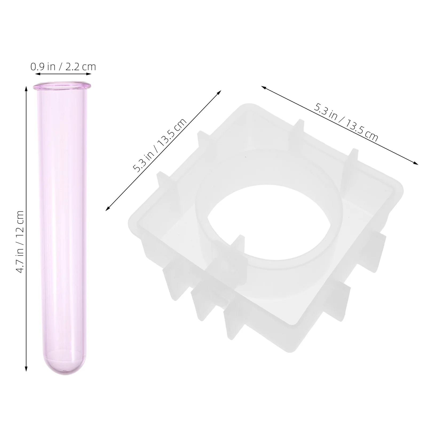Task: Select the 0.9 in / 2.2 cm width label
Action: coord(63,66)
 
